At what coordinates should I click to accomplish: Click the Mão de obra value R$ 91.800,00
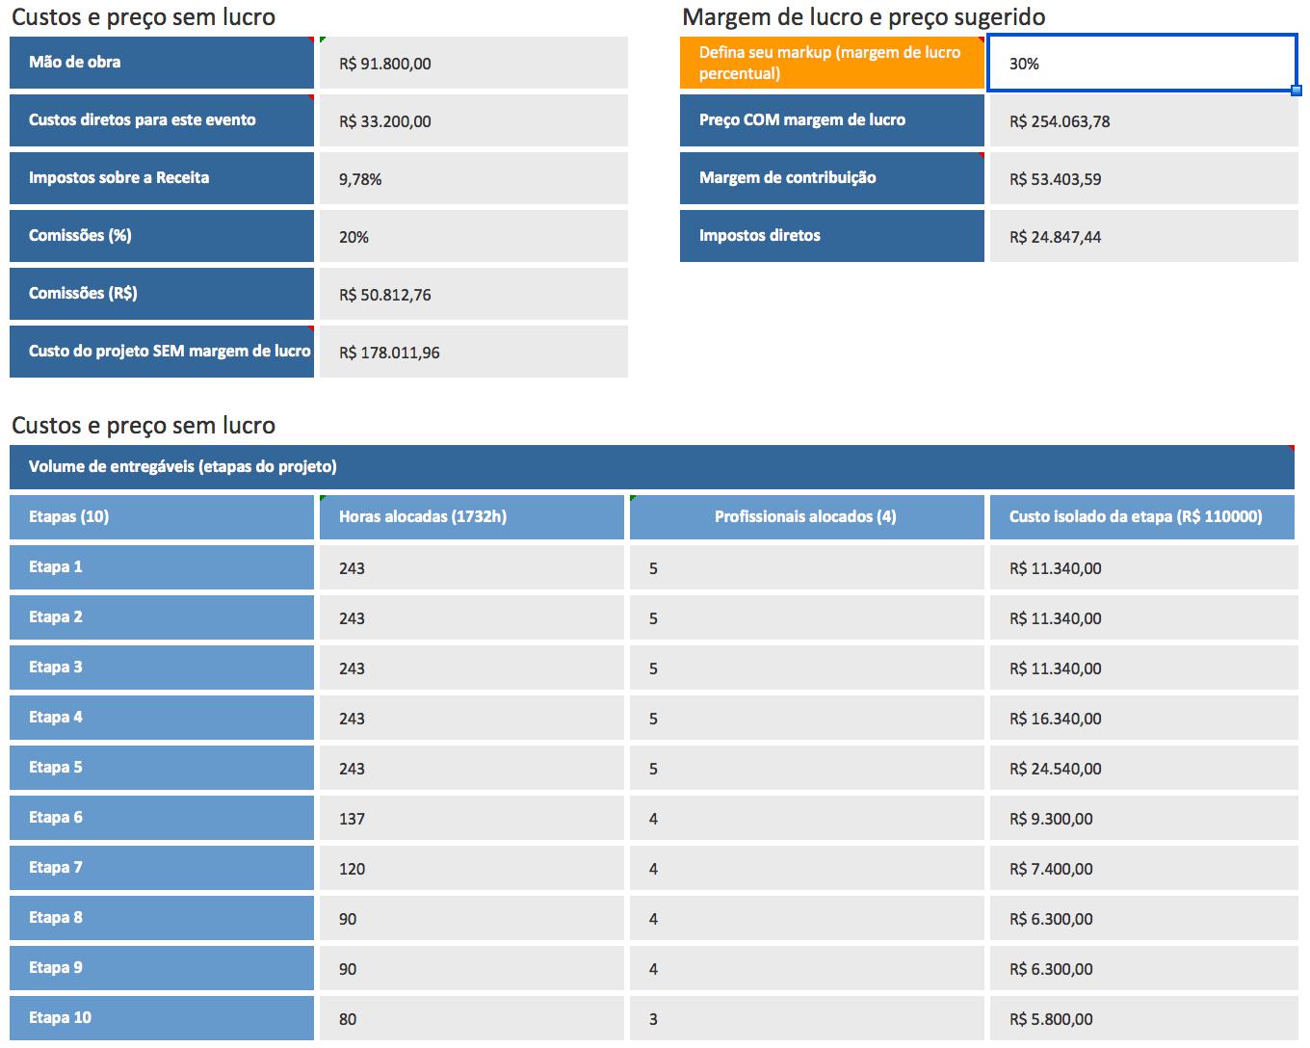click(x=384, y=64)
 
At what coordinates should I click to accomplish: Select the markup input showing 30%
click(x=1141, y=63)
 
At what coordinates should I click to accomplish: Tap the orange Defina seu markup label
click(x=831, y=63)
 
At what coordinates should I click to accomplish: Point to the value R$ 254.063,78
click(x=1060, y=121)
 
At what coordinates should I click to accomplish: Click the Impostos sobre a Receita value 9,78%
click(x=360, y=179)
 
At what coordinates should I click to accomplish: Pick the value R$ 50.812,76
click(x=384, y=295)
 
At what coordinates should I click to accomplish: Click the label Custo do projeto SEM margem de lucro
click(x=170, y=352)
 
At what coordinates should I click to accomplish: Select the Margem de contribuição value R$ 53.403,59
click(x=1055, y=179)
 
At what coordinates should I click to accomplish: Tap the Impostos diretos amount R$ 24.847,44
click(x=1055, y=237)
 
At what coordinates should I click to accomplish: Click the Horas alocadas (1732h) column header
click(x=423, y=517)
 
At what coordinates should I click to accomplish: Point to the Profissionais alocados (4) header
click(x=805, y=517)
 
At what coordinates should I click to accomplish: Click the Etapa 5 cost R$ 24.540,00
click(x=1055, y=769)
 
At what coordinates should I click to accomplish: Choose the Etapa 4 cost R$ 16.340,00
click(x=1055, y=719)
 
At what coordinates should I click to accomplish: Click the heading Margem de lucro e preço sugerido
click(x=863, y=17)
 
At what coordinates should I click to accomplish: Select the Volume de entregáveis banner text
click(x=183, y=466)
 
